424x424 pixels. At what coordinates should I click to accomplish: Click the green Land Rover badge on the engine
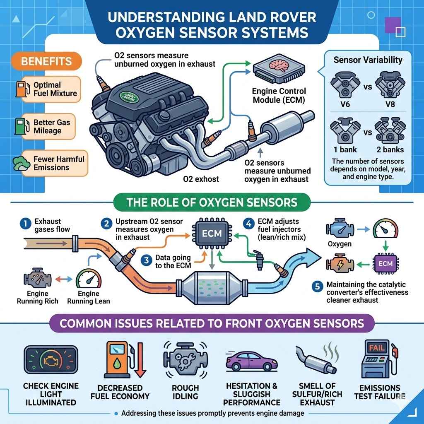coord(130,98)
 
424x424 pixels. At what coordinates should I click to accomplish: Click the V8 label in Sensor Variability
coord(390,104)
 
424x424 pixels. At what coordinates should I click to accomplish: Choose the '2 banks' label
coord(390,149)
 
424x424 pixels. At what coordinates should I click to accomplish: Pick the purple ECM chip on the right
coord(385,263)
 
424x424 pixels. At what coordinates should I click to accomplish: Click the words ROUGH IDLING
coord(185,392)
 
